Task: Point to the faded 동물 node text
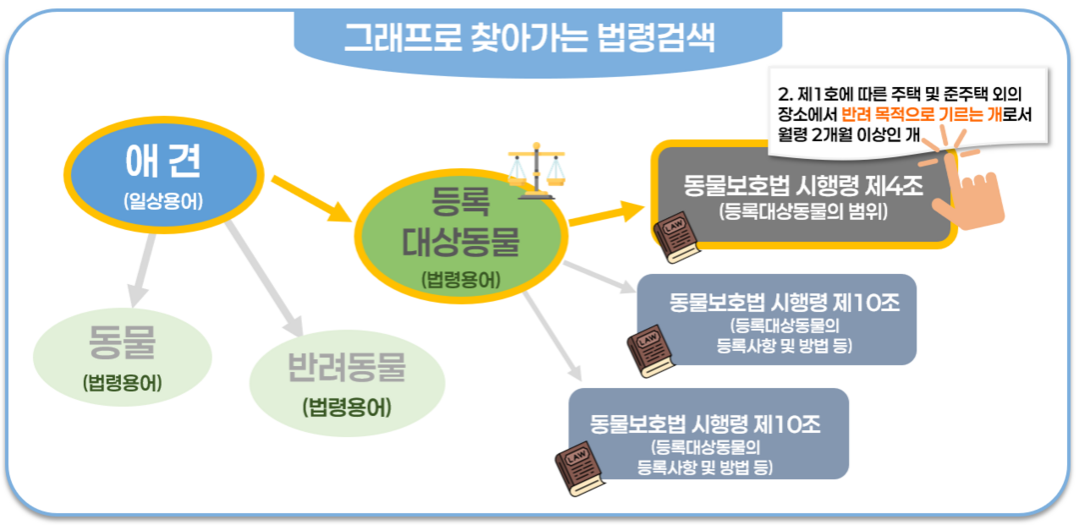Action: click(123, 344)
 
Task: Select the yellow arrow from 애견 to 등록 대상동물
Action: click(311, 197)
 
